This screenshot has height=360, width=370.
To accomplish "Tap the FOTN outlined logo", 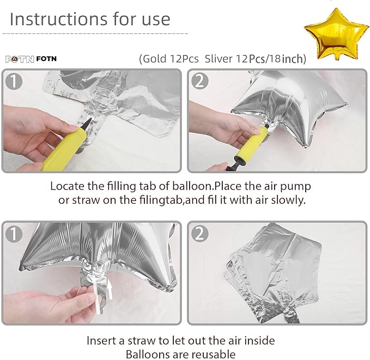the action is point(20,59).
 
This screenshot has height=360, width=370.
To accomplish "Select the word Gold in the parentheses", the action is point(154,59).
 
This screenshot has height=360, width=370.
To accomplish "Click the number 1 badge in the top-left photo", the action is point(14,81).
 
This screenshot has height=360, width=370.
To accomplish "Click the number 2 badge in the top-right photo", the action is point(199,81).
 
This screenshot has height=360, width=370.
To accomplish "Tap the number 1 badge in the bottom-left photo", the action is point(14,234).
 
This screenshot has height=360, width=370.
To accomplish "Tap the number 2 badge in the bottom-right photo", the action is point(199,234).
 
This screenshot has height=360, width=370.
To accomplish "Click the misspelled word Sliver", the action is point(219,59).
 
